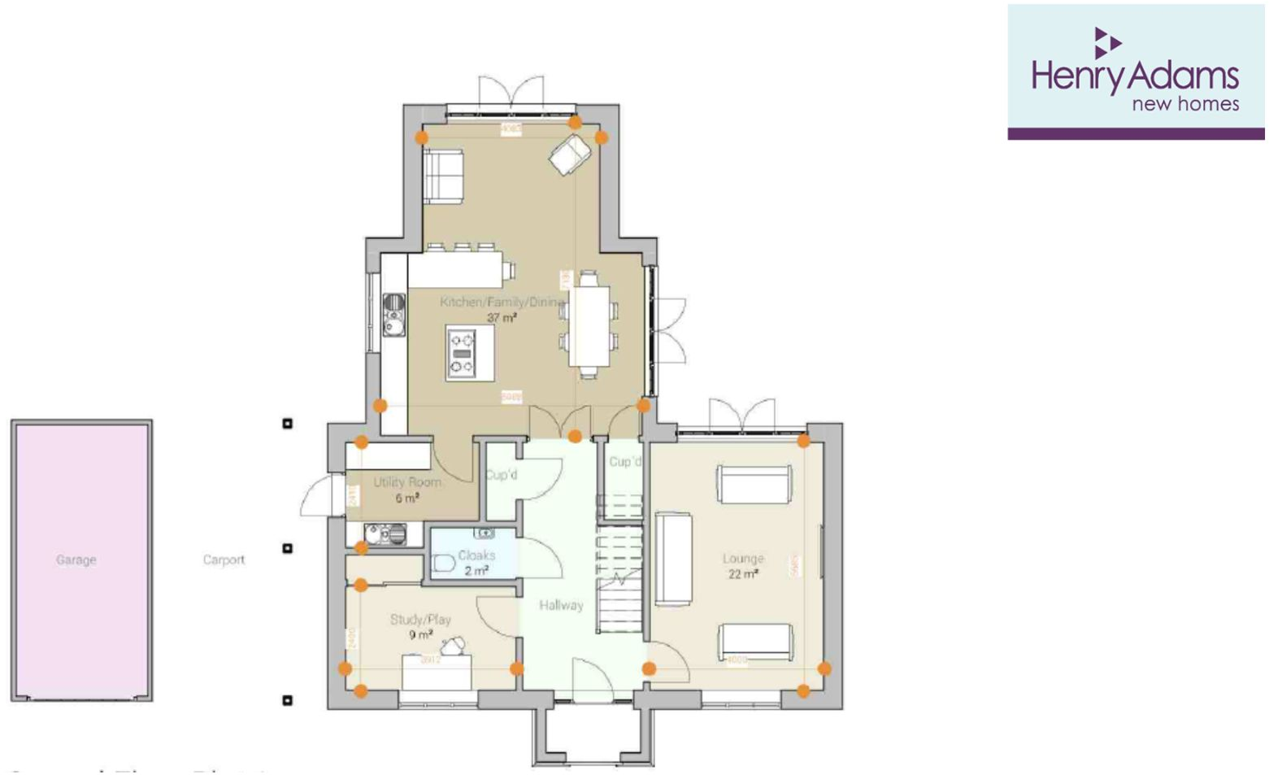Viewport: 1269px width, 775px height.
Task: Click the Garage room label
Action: pos(76,559)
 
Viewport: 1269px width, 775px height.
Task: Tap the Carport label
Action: pos(224,559)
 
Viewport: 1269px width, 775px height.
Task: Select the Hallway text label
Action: pos(561,605)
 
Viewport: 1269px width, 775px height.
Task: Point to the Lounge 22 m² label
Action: pos(743,566)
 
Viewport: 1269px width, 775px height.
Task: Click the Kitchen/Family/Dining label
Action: pos(501,303)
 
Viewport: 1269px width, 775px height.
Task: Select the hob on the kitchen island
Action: pos(463,353)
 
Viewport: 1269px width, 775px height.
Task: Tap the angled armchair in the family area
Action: pos(570,154)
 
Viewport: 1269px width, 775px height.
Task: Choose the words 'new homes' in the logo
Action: pos(1185,104)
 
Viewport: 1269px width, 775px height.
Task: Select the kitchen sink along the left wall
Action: pos(394,314)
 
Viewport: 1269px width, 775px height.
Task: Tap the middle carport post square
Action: pos(287,548)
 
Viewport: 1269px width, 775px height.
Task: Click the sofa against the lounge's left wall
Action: pos(673,559)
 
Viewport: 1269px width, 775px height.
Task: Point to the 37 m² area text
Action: pos(502,318)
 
